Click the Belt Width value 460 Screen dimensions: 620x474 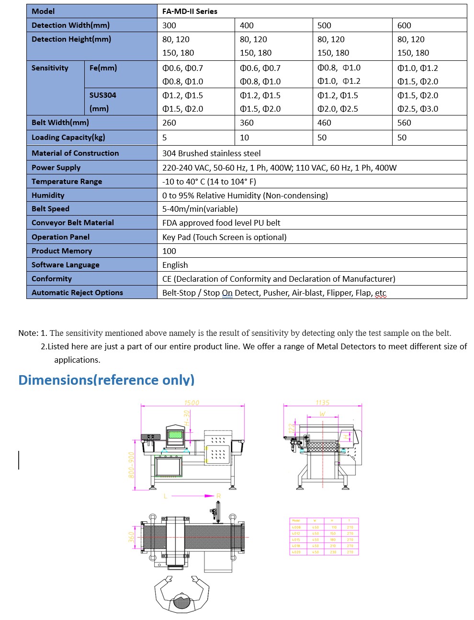324,123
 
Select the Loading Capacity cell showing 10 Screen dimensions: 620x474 244,138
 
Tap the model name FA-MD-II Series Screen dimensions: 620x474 190,11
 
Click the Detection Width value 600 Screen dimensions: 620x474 404,25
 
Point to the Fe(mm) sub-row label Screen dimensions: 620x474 103,68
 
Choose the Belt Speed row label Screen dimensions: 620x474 50,209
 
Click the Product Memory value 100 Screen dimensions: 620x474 169,251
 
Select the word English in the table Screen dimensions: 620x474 175,265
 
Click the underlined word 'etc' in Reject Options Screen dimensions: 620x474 381,293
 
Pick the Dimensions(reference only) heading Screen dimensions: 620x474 106,380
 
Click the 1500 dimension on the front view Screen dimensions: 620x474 192,403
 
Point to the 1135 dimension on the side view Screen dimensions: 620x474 322,403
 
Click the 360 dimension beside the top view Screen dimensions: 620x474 132,537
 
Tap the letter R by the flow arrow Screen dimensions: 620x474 218,496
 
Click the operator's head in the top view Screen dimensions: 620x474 181,601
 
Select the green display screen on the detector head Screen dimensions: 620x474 175,435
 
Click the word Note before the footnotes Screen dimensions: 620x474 28,333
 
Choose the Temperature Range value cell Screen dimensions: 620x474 209,182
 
